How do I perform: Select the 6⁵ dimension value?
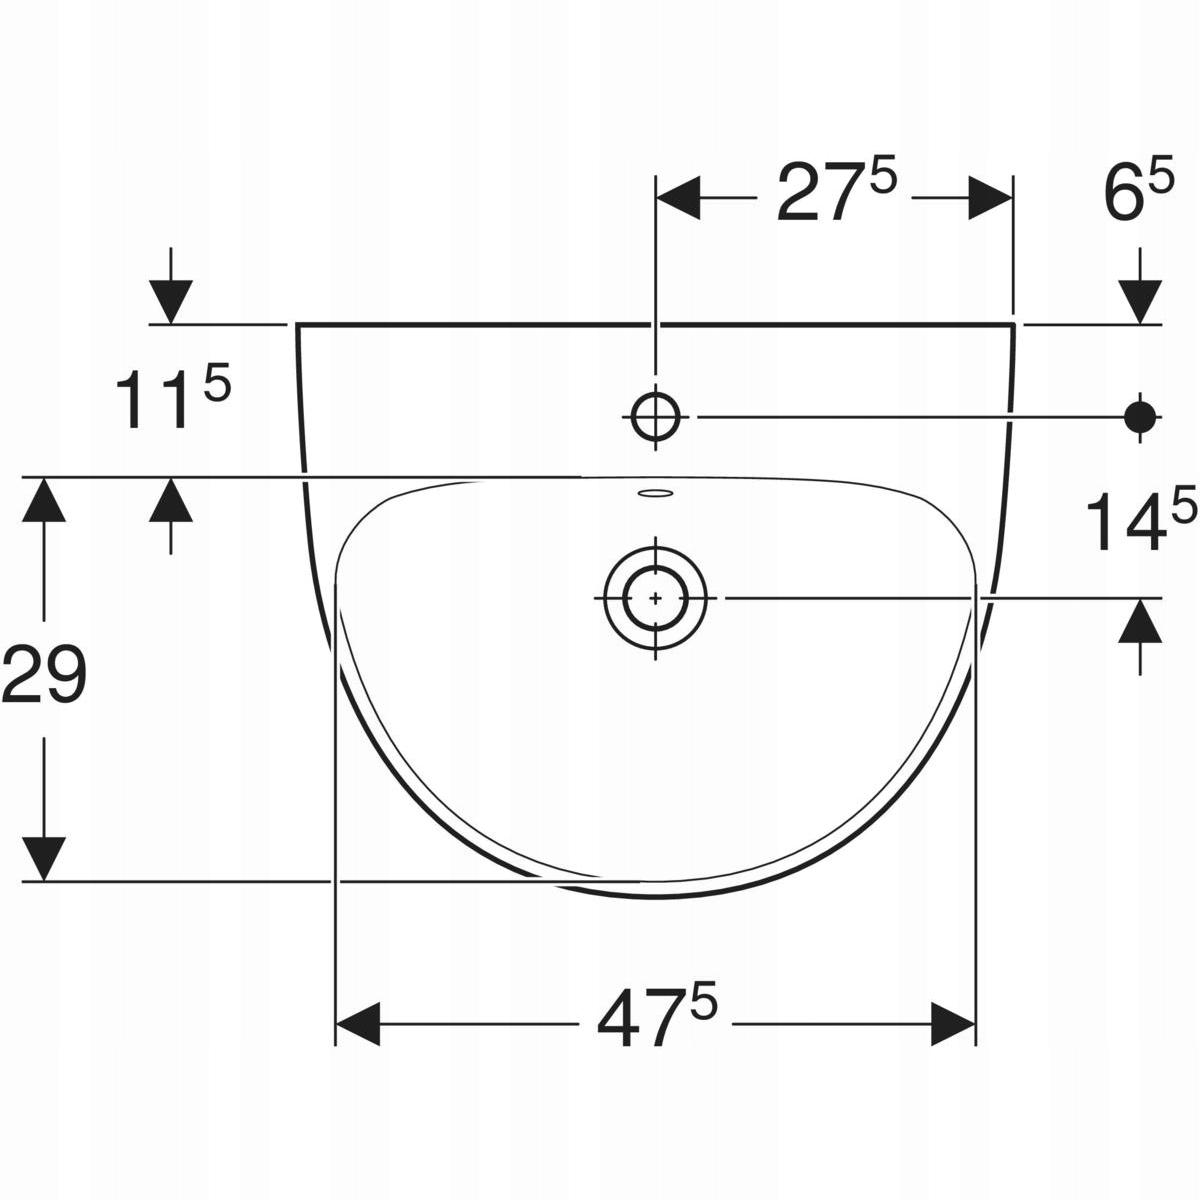1138,194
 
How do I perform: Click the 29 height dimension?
44,676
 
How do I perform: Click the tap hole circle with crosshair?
655,414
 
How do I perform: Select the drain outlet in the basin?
655,597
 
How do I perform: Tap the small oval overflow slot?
656,492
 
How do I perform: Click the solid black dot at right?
1140,414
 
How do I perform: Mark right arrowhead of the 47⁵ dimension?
952,1023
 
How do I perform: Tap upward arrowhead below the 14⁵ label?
1141,621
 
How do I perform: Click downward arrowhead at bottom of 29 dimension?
44,857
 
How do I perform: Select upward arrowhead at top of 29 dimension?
44,500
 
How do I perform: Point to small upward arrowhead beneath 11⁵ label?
171,500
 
